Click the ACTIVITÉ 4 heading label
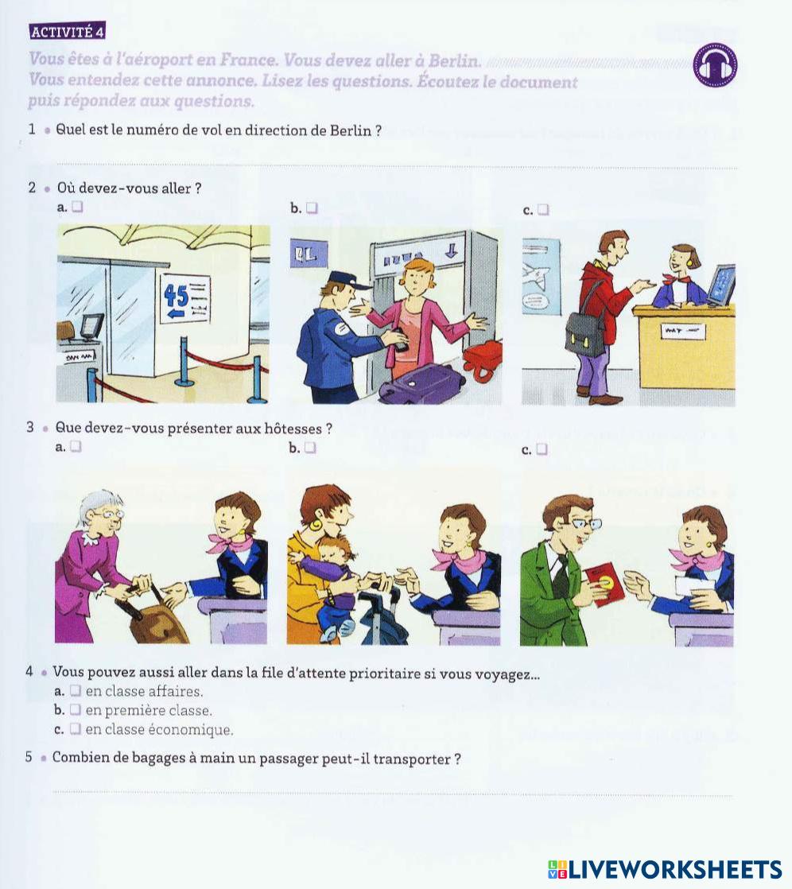(x=67, y=32)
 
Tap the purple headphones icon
(x=716, y=65)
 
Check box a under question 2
(x=78, y=207)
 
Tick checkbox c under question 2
(x=543, y=210)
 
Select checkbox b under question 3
(x=310, y=448)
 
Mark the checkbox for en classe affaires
(x=76, y=690)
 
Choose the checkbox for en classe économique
(x=76, y=728)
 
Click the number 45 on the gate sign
(x=176, y=295)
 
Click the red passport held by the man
(x=604, y=584)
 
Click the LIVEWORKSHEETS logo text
(x=674, y=869)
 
